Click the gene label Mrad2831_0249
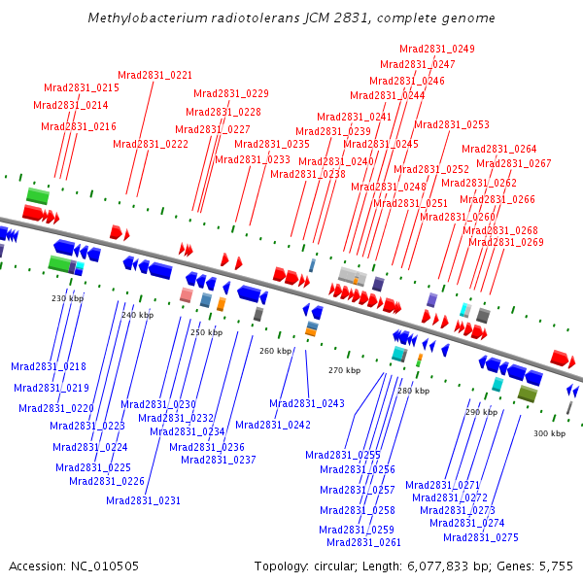(x=437, y=50)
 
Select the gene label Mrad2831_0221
(x=155, y=76)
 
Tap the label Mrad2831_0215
(x=82, y=88)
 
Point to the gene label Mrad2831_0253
(x=452, y=125)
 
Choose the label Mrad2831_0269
(x=506, y=242)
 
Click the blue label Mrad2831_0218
(x=49, y=367)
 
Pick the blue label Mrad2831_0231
(x=143, y=500)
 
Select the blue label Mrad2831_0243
(x=307, y=404)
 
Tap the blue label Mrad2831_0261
(x=364, y=543)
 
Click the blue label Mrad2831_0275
(x=481, y=537)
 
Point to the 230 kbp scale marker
(x=68, y=298)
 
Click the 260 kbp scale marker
(x=276, y=351)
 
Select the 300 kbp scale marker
(x=550, y=433)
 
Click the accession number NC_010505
(x=105, y=566)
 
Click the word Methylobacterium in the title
(x=148, y=17)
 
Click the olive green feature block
(x=528, y=394)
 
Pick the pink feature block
(x=187, y=295)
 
